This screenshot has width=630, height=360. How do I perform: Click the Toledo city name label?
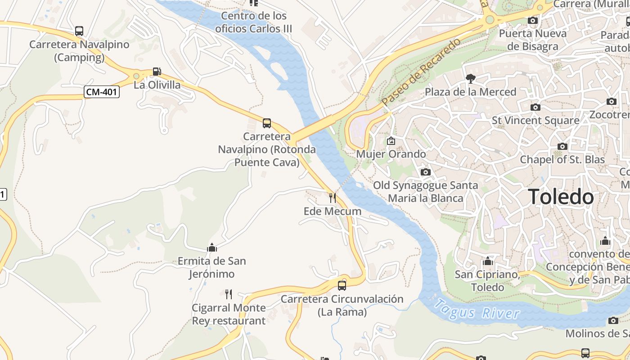pyautogui.click(x=561, y=197)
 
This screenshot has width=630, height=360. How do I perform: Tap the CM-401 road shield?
pyautogui.click(x=102, y=92)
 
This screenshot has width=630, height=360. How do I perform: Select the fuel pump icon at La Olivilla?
pyautogui.click(x=157, y=71)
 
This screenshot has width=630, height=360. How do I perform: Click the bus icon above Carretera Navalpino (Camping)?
pyautogui.click(x=79, y=31)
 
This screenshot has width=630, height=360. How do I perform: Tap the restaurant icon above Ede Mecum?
pyautogui.click(x=332, y=198)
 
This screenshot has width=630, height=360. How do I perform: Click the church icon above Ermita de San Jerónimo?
pyautogui.click(x=212, y=247)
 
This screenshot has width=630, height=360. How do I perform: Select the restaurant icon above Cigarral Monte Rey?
pyautogui.click(x=229, y=294)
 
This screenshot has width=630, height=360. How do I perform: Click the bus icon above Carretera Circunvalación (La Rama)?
pyautogui.click(x=342, y=285)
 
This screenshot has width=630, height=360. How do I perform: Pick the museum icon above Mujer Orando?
pyautogui.click(x=391, y=141)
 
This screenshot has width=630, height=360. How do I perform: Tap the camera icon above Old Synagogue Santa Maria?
pyautogui.click(x=425, y=172)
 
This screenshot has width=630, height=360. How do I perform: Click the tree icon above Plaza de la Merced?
pyautogui.click(x=471, y=79)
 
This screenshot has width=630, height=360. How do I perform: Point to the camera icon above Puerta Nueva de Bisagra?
pyautogui.click(x=533, y=20)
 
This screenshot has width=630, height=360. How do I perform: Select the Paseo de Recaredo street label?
pyautogui.click(x=422, y=72)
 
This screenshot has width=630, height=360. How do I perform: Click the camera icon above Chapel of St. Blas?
pyautogui.click(x=562, y=146)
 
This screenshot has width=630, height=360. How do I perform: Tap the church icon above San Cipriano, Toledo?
pyautogui.click(x=488, y=261)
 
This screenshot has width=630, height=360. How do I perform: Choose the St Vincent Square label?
pyautogui.click(x=535, y=121)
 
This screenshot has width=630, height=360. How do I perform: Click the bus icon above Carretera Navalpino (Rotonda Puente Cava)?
pyautogui.click(x=267, y=123)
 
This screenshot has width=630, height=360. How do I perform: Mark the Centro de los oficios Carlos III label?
pyautogui.click(x=254, y=22)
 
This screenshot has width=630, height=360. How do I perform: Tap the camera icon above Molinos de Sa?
pyautogui.click(x=613, y=320)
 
